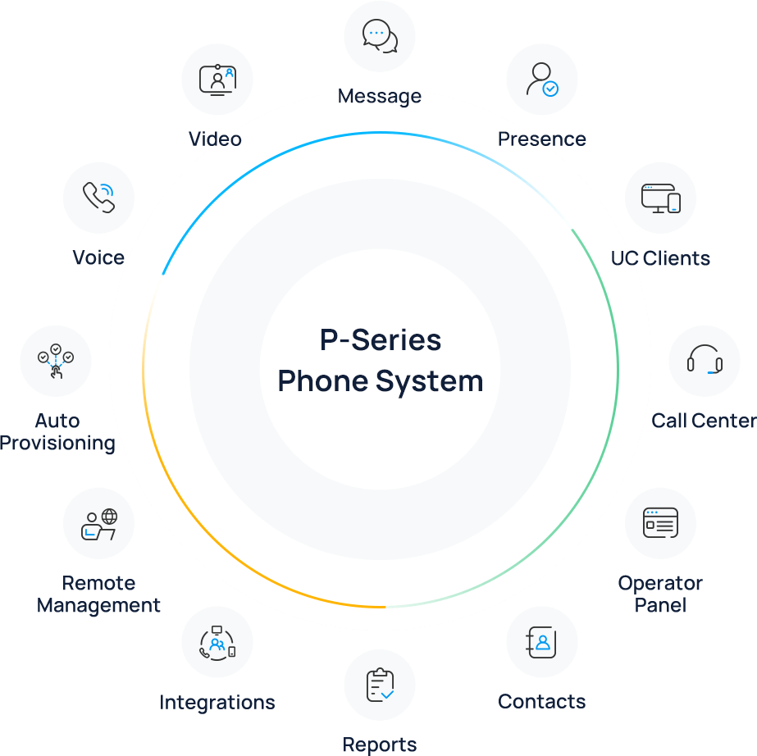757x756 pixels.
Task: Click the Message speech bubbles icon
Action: (x=380, y=35)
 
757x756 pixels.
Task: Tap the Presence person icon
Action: (x=542, y=80)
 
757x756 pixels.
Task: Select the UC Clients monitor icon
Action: (x=660, y=198)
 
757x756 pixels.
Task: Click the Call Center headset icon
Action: (x=704, y=360)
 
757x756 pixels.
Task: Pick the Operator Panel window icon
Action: (x=660, y=523)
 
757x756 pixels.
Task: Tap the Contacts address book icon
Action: (x=542, y=642)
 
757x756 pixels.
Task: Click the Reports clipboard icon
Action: (x=380, y=685)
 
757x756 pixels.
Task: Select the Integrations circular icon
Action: (x=217, y=642)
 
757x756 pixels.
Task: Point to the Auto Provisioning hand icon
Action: (x=56, y=362)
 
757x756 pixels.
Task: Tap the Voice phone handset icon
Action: (x=98, y=198)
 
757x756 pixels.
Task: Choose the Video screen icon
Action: (x=217, y=80)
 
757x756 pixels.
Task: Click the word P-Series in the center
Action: (x=381, y=340)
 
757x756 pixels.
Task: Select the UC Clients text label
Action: (x=660, y=258)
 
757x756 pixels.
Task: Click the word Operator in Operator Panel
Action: (x=660, y=584)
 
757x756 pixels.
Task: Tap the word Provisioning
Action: (x=57, y=444)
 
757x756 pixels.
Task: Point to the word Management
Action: (x=98, y=606)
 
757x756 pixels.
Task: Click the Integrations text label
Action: (x=217, y=703)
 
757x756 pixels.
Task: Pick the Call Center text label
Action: (x=704, y=421)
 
